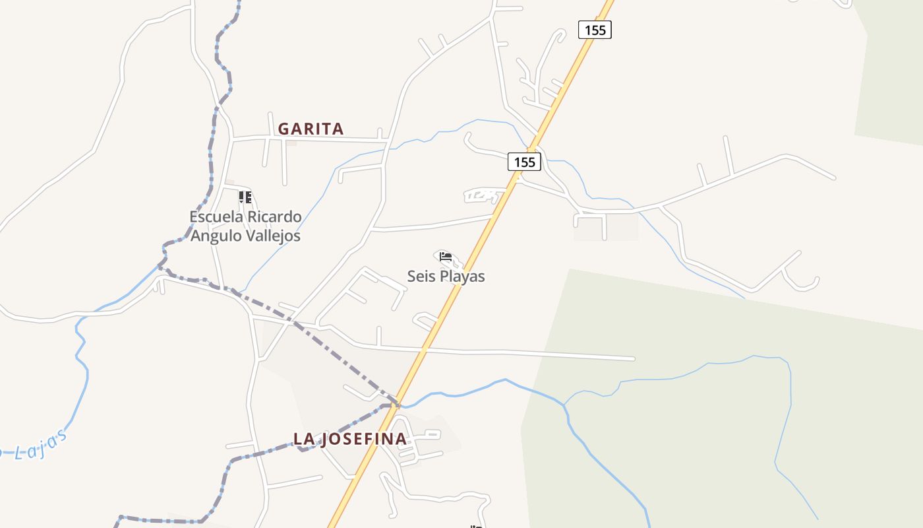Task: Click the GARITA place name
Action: coord(311,129)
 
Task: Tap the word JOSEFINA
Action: coord(363,439)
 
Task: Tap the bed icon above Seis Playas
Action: coord(446,257)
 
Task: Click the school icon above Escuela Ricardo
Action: coord(245,197)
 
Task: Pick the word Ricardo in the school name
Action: coord(276,216)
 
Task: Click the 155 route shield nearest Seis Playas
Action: coord(524,162)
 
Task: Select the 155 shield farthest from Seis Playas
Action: coord(595,30)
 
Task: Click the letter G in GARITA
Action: coord(284,129)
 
